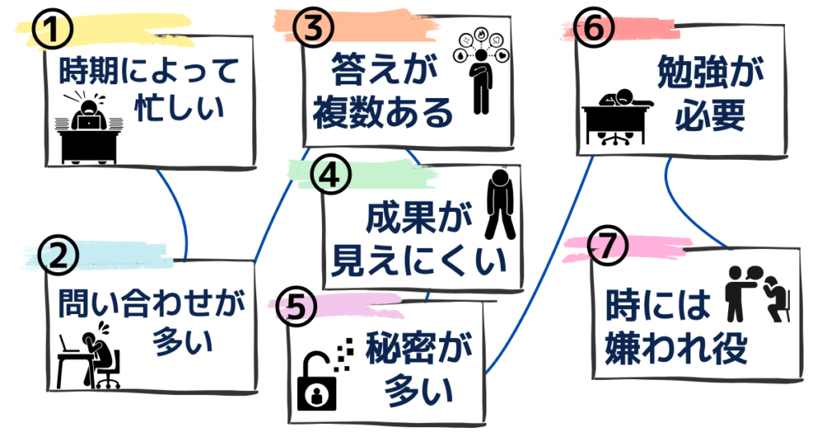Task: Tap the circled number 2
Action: tap(59, 255)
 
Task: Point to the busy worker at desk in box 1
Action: tap(89, 129)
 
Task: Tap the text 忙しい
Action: tap(179, 109)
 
